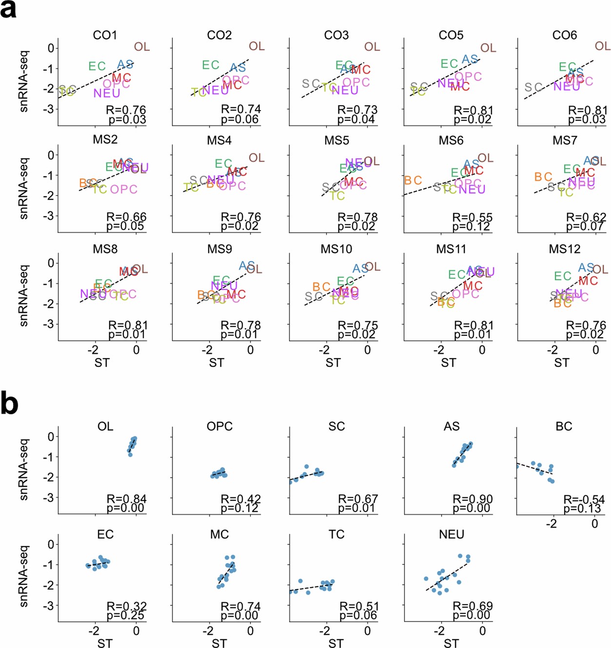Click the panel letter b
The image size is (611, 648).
click(x=9, y=404)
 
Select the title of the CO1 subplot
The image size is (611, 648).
click(x=105, y=35)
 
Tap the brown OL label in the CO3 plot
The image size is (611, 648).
click(x=372, y=47)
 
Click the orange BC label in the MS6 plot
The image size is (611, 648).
click(x=413, y=181)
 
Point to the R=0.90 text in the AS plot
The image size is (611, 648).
click(x=473, y=499)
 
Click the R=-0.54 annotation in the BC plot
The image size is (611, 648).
click(x=584, y=500)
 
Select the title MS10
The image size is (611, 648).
click(x=336, y=249)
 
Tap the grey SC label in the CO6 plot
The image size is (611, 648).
click(x=533, y=87)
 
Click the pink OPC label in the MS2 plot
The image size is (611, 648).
click(x=123, y=189)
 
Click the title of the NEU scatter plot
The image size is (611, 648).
click(x=452, y=534)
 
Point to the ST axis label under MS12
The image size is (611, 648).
click(x=561, y=363)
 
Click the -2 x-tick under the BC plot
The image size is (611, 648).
click(x=551, y=524)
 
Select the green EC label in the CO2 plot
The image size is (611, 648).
click(x=211, y=65)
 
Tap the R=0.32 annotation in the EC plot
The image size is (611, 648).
click(x=127, y=607)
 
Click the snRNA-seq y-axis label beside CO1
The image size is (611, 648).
click(x=23, y=81)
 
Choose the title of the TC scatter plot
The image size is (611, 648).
click(x=336, y=534)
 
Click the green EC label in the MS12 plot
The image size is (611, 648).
click(x=562, y=276)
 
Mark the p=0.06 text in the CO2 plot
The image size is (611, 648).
click(x=240, y=119)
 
